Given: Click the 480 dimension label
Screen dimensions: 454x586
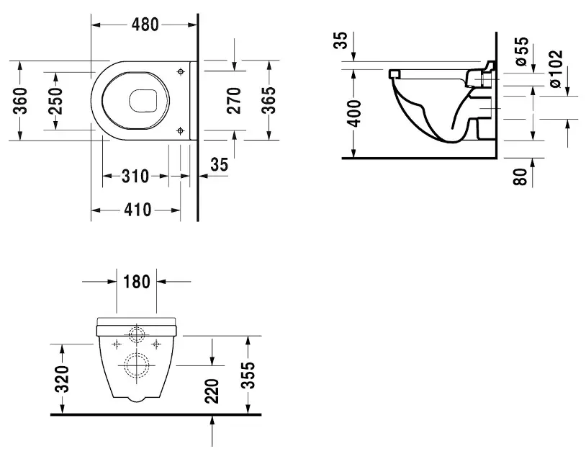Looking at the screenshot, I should click(x=145, y=24).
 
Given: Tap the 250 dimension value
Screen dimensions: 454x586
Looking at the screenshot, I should click(x=55, y=101).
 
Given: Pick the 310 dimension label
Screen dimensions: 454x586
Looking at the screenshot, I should click(x=135, y=176).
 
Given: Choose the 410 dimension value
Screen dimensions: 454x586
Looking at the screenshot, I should click(x=137, y=210).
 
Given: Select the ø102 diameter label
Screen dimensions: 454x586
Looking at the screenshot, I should click(x=555, y=69).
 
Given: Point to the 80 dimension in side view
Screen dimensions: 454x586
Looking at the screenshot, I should click(x=521, y=176).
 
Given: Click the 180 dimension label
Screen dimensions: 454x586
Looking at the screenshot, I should click(x=137, y=281).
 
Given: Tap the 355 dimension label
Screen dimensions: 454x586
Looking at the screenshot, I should click(x=247, y=375).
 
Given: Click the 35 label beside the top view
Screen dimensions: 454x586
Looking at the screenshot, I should click(x=220, y=164).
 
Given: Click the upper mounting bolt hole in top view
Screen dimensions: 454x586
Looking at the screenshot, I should click(x=180, y=71).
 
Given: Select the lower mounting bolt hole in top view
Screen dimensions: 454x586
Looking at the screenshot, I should click(x=180, y=130).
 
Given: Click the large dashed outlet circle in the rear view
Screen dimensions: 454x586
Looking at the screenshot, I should click(x=135, y=366).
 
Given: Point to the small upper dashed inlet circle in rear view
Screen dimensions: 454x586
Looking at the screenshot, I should click(x=135, y=334).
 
